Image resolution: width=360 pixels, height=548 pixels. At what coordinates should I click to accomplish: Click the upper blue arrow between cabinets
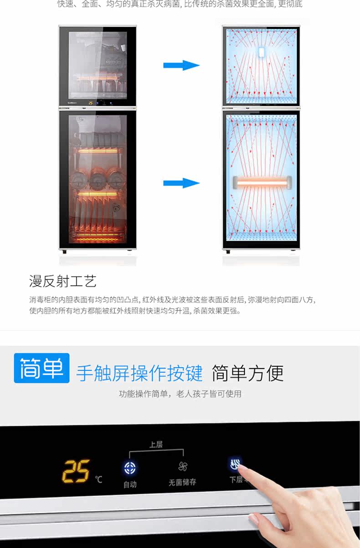(x=181, y=65)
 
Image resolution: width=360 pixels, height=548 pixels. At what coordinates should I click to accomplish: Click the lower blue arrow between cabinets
(x=181, y=183)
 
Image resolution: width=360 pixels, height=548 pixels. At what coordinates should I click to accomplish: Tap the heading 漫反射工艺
(x=63, y=281)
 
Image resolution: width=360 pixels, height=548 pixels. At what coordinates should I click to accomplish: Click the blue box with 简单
(x=41, y=368)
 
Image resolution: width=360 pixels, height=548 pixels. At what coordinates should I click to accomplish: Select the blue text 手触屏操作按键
(x=139, y=373)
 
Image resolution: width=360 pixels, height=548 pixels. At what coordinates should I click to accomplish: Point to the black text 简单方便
(x=247, y=373)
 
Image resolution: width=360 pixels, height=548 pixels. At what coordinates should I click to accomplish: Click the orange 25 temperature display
(x=76, y=471)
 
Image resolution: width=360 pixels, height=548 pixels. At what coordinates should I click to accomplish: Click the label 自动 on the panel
(x=130, y=485)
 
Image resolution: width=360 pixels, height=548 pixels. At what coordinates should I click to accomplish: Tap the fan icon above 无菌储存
(x=183, y=466)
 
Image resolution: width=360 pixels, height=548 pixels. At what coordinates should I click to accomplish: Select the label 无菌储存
(x=182, y=482)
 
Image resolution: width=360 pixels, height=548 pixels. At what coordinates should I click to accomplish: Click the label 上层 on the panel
(x=156, y=445)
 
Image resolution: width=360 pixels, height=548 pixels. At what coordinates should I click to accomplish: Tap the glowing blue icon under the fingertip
(x=235, y=464)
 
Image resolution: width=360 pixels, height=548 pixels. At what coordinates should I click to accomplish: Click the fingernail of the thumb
(x=253, y=518)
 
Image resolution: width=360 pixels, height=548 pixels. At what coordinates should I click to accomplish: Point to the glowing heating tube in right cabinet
(x=261, y=183)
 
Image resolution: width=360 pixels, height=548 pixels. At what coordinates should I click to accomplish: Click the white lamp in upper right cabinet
(x=261, y=51)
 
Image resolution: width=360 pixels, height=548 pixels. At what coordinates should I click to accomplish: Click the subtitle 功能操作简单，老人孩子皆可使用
(x=180, y=394)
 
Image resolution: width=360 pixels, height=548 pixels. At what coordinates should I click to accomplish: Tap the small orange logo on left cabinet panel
(x=90, y=103)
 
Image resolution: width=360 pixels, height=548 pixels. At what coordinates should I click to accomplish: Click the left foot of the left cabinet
(x=65, y=252)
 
